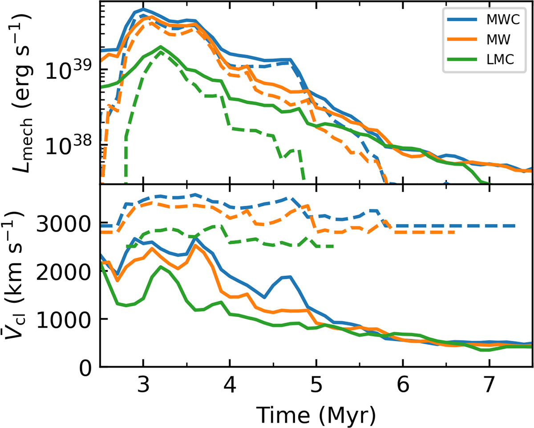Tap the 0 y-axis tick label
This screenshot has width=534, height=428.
87,367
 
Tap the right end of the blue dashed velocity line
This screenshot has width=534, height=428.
515,226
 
